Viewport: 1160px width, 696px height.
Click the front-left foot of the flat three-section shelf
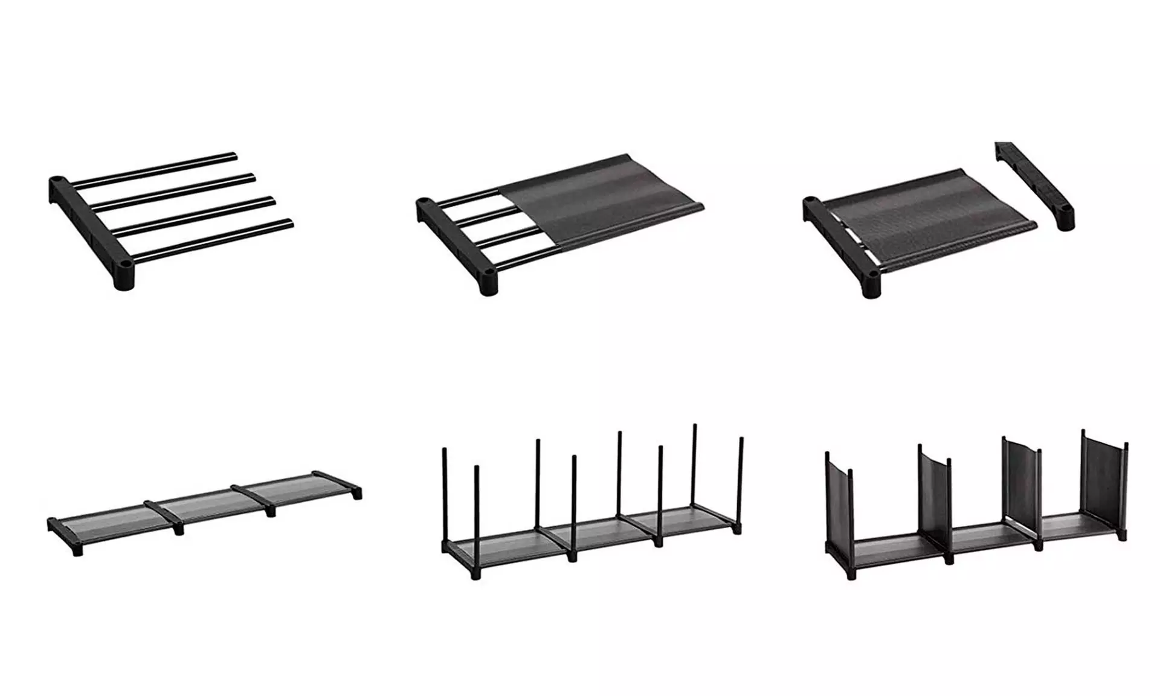77,551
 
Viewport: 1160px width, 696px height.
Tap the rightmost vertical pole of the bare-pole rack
741,477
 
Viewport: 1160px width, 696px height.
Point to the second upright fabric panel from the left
933,495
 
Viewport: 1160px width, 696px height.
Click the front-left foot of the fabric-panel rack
852,574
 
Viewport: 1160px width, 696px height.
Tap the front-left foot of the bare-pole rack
476,575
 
